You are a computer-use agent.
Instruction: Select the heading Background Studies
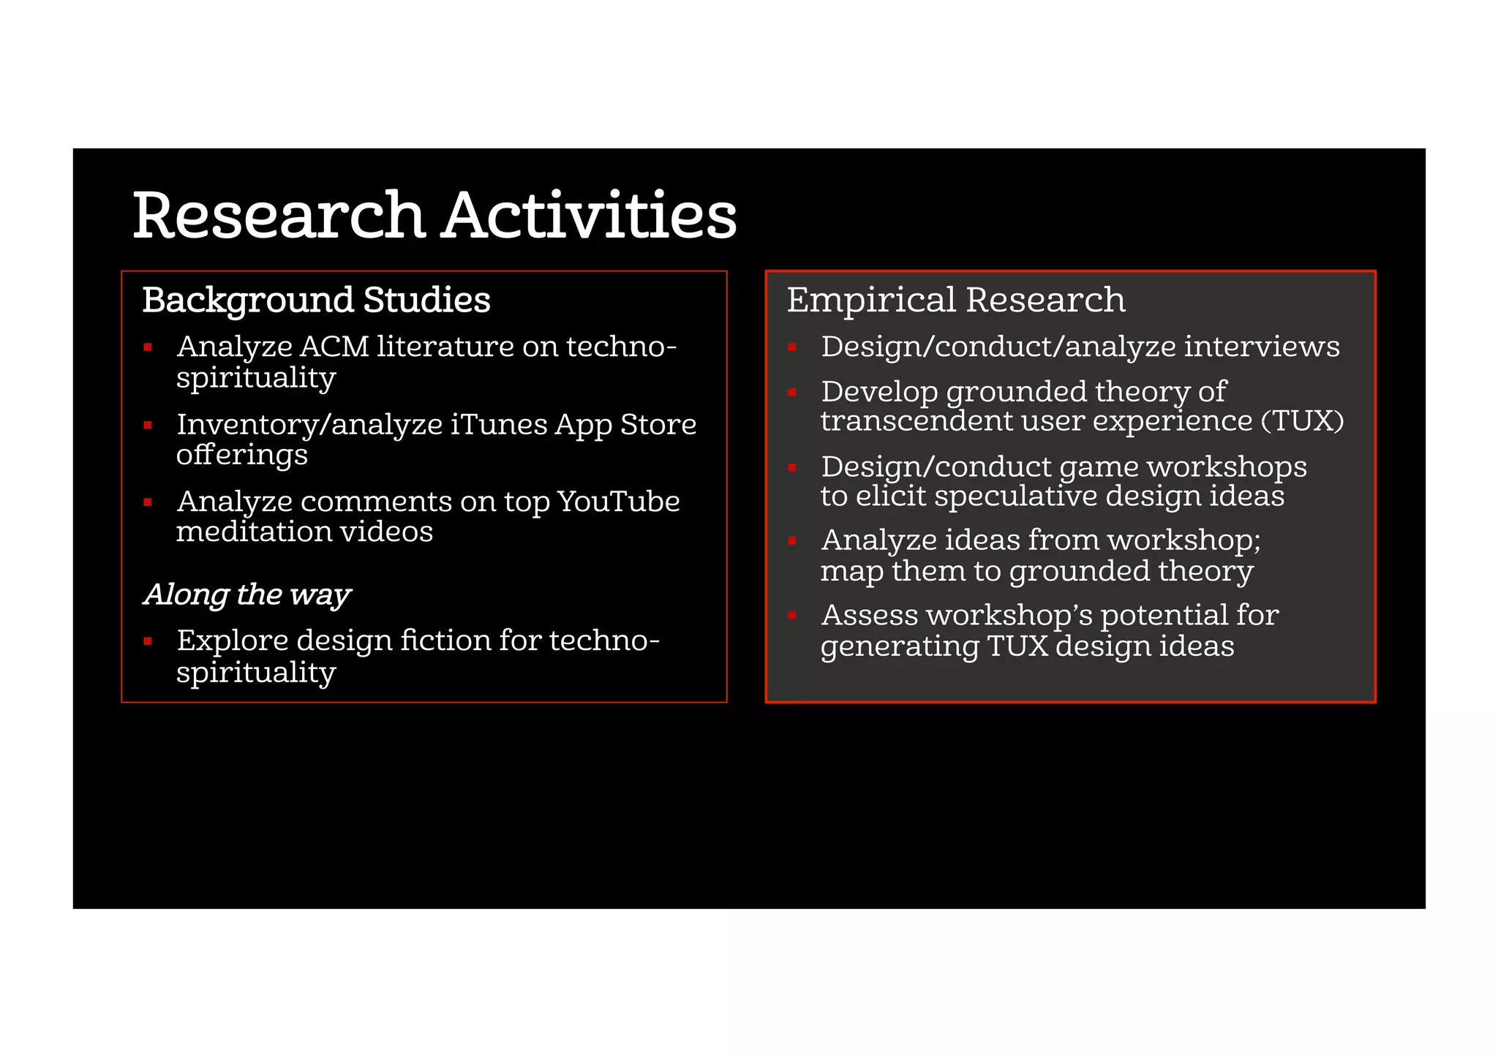click(316, 300)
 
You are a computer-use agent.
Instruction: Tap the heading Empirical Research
click(955, 300)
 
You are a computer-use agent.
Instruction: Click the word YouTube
click(618, 502)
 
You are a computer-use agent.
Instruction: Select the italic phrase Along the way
click(247, 594)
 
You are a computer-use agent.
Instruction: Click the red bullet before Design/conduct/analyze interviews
click(792, 347)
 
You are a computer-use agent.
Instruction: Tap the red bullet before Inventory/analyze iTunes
click(148, 425)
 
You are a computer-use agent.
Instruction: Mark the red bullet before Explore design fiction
click(148, 641)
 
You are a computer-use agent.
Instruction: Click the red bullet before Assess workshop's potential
click(792, 616)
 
